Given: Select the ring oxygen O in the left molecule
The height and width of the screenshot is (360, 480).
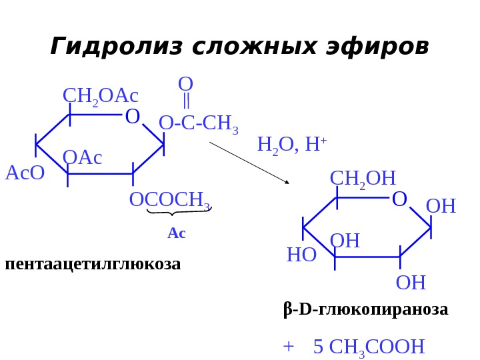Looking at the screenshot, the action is tap(133, 117).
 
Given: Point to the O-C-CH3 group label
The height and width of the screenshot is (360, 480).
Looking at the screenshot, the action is tap(199, 123).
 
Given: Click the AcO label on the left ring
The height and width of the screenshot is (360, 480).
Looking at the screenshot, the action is tap(25, 173).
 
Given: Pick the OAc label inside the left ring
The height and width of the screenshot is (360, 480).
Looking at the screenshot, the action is tap(82, 158).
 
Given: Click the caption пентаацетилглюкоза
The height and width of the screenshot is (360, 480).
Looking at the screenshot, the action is tap(93, 264).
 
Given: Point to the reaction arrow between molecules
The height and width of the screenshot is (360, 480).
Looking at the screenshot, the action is tap(249, 163).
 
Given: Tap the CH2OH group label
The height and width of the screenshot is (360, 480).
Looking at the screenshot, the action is tap(363, 178).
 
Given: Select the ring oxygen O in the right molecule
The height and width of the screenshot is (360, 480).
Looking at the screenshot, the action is tap(399, 199).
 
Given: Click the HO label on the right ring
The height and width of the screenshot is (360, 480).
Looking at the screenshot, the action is tap(301, 255).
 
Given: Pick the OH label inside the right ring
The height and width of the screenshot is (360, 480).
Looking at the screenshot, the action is tap(345, 241).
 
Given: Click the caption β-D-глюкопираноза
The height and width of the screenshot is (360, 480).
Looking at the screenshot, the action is tap(365, 310).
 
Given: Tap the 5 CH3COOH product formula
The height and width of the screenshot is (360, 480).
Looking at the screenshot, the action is tap(369, 347).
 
